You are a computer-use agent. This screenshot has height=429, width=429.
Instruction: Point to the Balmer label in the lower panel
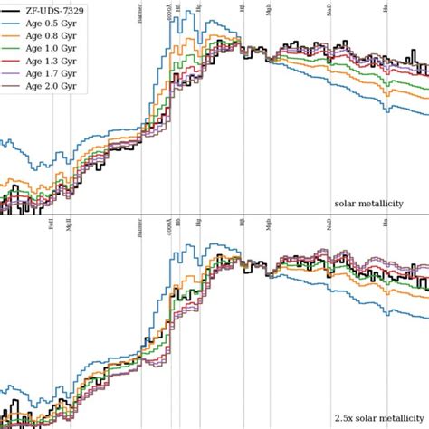(x=139, y=226)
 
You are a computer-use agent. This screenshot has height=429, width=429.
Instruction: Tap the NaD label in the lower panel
(x=329, y=227)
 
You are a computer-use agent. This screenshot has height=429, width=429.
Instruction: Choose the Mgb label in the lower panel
(x=269, y=227)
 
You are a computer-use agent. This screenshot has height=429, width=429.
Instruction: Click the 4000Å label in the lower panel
(x=169, y=226)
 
